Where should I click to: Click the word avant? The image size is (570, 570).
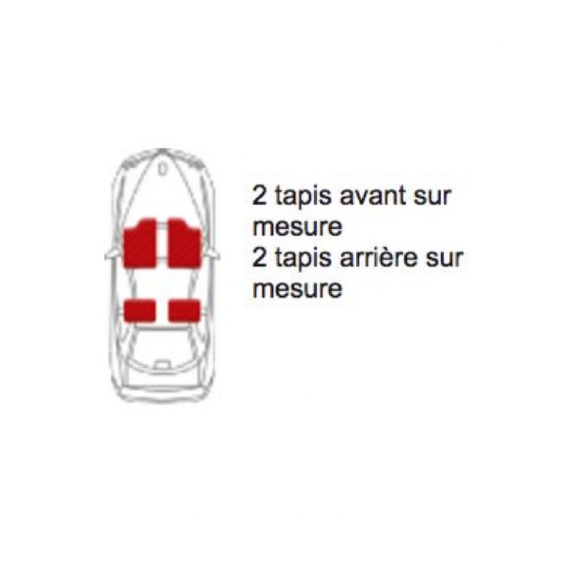[373, 197]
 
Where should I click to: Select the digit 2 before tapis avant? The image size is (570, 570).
[259, 197]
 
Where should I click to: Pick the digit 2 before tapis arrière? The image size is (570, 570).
[259, 258]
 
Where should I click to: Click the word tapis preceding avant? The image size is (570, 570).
[304, 198]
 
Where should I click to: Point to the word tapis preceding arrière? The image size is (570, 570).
[304, 260]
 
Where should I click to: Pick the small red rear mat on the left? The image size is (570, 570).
[140, 310]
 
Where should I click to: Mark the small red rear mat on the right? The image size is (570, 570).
[185, 311]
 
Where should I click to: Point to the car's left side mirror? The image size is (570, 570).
[110, 255]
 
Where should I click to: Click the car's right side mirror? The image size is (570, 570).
[213, 255]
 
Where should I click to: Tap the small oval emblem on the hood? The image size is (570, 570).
[162, 169]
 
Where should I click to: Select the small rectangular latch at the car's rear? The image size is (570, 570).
[162, 364]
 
